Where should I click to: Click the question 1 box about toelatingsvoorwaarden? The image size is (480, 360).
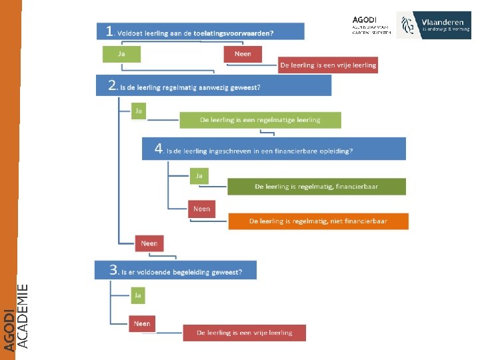pos(200,31)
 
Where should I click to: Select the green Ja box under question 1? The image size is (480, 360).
pos(121,54)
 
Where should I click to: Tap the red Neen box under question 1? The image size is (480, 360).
pos(243,54)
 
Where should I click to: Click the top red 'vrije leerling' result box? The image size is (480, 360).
pos(328,65)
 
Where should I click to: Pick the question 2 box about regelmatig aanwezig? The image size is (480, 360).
pos(213,86)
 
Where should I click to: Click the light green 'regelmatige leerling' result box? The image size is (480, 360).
pos(260,120)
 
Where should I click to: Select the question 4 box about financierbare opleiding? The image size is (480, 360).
pos(273,149)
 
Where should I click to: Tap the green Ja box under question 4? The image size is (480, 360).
pos(199,176)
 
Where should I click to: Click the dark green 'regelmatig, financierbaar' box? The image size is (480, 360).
pos(316,187)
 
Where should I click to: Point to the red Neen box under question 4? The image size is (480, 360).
pos(201,209)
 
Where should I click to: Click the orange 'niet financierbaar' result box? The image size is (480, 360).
pos(318,221)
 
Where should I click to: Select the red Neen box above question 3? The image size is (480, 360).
pos(149,243)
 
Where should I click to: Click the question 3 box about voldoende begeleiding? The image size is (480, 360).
pos(175,271)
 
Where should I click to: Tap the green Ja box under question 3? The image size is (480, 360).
pos(138,294)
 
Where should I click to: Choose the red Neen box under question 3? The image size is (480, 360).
pos(141,324)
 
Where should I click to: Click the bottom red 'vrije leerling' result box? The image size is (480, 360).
pos(245,333)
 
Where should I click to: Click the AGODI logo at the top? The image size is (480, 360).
pos(371,25)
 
